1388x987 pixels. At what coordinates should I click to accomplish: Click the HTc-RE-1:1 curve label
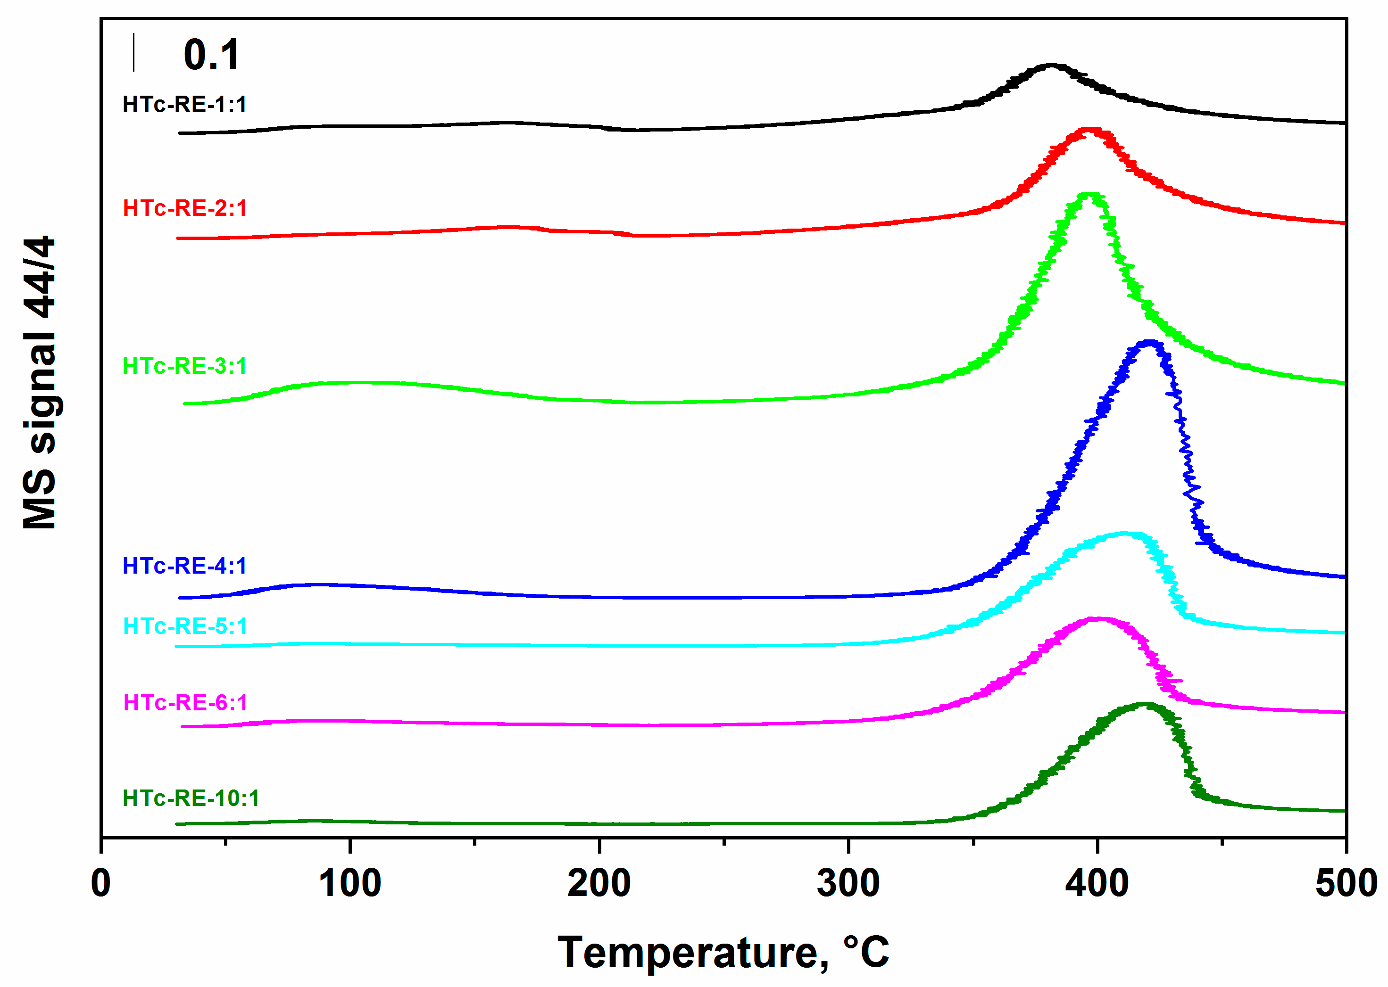tap(184, 105)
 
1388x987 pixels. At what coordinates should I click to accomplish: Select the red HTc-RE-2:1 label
tap(185, 208)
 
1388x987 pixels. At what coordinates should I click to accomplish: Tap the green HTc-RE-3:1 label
tap(185, 367)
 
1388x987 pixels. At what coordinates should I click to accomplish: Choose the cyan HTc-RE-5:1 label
tap(185, 626)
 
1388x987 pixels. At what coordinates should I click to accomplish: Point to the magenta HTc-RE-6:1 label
tap(185, 703)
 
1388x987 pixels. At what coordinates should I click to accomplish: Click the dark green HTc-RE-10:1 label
tap(191, 798)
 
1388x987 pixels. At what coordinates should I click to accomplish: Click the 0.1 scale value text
tap(212, 55)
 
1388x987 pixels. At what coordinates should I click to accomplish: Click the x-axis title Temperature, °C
tap(723, 953)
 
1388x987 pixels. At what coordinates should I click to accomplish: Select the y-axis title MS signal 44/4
tap(40, 383)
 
